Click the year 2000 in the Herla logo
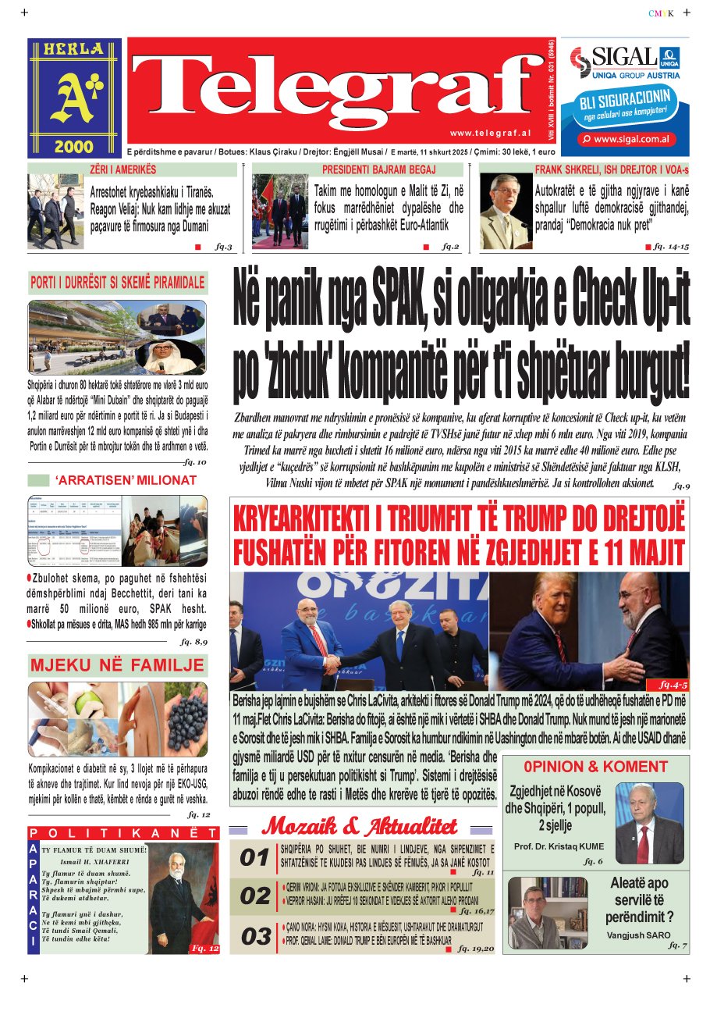(x=74, y=145)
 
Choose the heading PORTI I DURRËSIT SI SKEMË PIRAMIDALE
(x=117, y=282)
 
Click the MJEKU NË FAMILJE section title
(x=117, y=666)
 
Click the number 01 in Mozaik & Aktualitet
(x=254, y=858)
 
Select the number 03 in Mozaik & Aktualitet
(x=254, y=936)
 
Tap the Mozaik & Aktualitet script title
(x=364, y=825)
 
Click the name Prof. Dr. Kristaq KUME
(x=559, y=846)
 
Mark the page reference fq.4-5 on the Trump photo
(x=673, y=683)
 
